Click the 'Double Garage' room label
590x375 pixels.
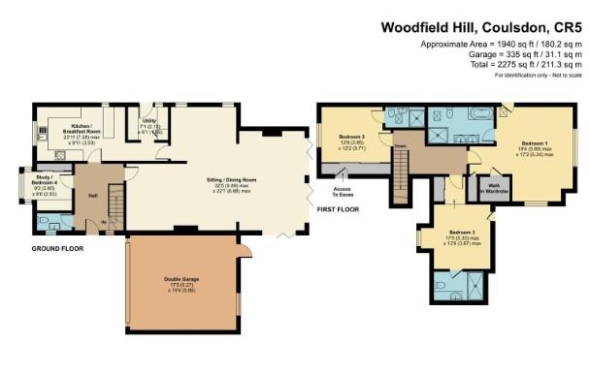coord(181,282)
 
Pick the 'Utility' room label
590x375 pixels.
coord(149,126)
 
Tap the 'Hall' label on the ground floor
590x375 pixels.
coord(92,195)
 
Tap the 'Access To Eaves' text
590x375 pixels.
coord(343,190)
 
